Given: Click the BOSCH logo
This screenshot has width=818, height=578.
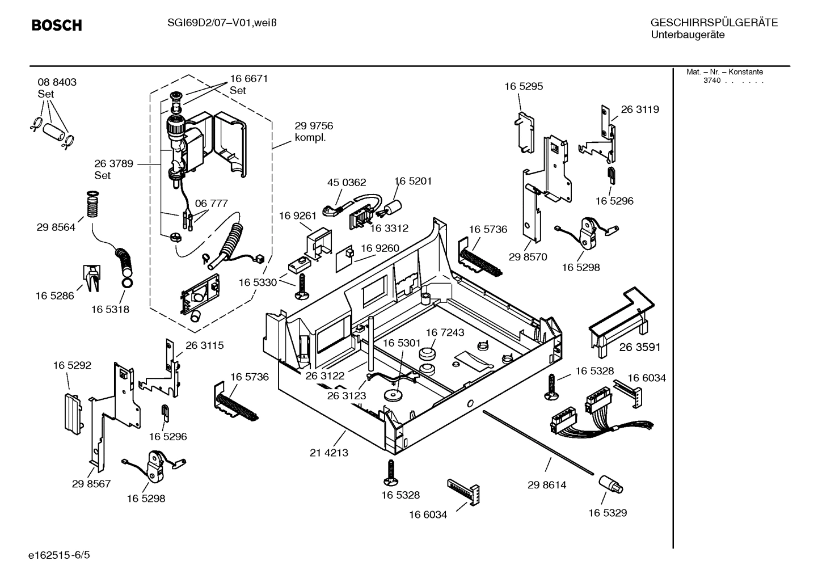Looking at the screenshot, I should [57, 26].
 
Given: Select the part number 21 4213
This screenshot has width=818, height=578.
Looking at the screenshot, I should [329, 453].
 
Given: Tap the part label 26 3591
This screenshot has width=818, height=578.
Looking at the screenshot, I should [640, 347].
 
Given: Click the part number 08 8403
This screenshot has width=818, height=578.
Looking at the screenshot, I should [57, 82].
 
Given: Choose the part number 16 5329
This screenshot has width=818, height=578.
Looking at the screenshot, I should [608, 513].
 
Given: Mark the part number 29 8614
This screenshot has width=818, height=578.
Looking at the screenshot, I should [547, 485].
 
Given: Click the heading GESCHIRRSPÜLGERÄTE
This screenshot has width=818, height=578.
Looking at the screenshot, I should [714, 23].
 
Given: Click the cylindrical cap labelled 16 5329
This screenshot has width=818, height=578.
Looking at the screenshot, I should [610, 484].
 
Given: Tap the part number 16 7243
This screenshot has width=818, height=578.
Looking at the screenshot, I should [445, 332].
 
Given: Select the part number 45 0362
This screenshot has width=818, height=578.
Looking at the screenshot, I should [347, 183].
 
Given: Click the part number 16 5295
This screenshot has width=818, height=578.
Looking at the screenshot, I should [524, 86].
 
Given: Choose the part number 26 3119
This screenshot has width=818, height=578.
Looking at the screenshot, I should [640, 109].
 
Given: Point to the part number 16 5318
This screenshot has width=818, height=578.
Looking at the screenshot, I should [110, 309].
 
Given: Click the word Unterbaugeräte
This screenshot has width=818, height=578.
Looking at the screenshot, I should [688, 35].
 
